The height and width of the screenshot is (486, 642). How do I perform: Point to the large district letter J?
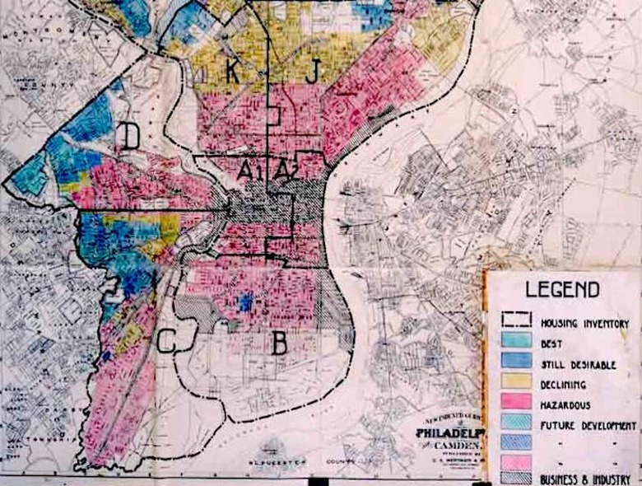[311, 72]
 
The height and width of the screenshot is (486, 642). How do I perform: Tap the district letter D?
[130, 136]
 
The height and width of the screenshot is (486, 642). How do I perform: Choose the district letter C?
[165, 340]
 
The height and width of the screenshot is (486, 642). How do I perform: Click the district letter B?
[280, 343]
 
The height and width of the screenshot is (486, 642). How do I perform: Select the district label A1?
[249, 171]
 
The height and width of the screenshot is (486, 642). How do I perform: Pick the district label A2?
[285, 171]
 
